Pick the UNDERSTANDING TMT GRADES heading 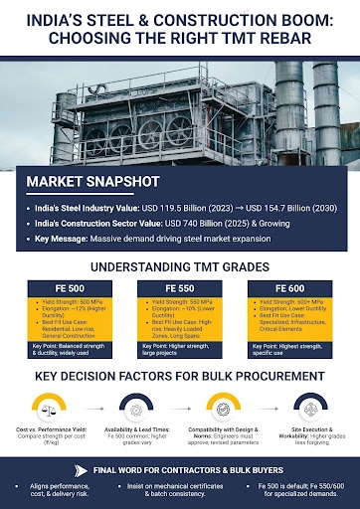(180, 266)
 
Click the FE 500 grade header (71, 285)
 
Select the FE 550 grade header (180, 285)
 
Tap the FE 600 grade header (288, 285)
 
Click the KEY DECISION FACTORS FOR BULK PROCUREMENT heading (180, 377)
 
